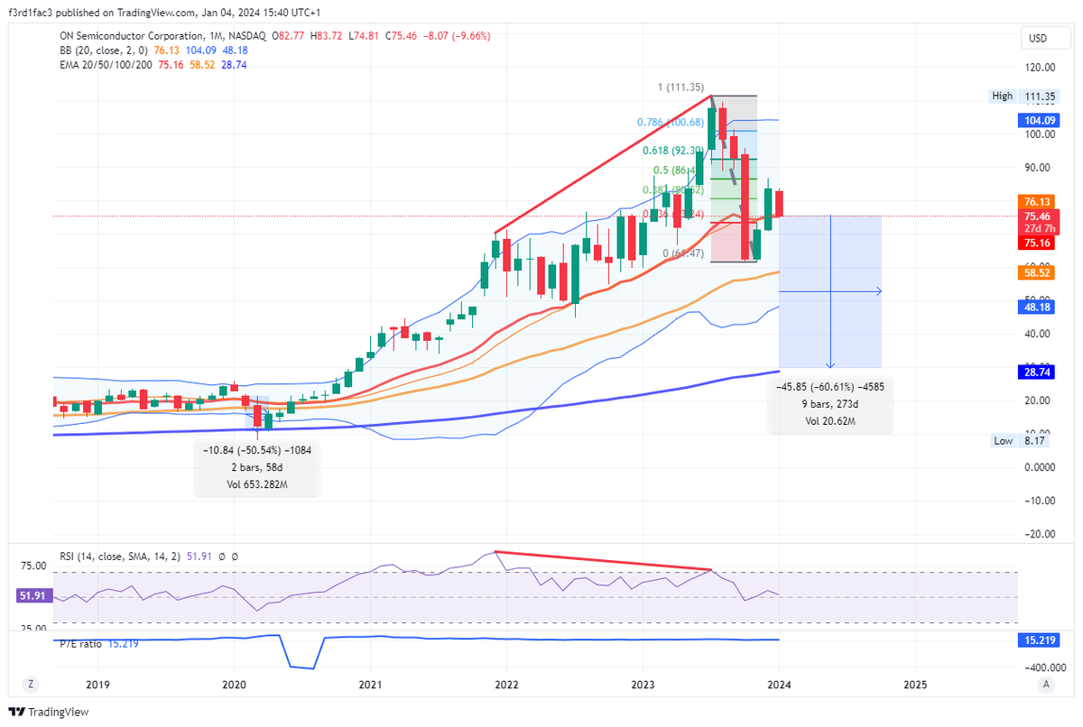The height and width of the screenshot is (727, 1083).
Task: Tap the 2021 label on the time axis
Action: [x=371, y=685]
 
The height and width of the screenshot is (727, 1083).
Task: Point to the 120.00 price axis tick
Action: [x=1041, y=67]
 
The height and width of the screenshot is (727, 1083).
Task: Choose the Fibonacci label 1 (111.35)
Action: [x=680, y=87]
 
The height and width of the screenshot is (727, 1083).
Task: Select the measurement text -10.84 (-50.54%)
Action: [x=256, y=449]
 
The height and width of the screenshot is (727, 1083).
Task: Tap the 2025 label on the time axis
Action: [x=915, y=685]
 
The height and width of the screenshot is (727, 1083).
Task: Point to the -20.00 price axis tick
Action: [x=1039, y=533]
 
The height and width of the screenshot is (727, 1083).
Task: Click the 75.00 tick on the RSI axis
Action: [x=34, y=566]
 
